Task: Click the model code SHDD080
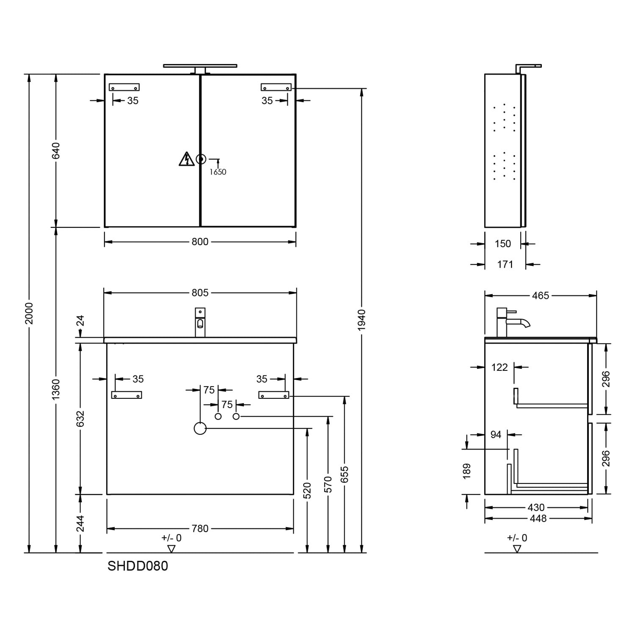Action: point(138,566)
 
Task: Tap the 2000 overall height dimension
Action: point(29,313)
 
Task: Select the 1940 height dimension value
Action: point(361,320)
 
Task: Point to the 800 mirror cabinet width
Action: point(200,242)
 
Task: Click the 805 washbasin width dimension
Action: point(200,293)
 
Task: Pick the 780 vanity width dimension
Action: point(200,529)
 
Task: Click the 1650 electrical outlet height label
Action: point(218,172)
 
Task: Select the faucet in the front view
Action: point(200,322)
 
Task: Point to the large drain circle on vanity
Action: point(200,428)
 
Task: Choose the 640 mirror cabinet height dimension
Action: point(56,151)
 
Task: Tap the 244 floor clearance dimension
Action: point(80,523)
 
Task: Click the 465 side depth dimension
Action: point(541,295)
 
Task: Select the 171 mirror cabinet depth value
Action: point(505,265)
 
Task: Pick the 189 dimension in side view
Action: point(467,471)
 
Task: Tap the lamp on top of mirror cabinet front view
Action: point(200,68)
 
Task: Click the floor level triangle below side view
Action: point(517,549)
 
